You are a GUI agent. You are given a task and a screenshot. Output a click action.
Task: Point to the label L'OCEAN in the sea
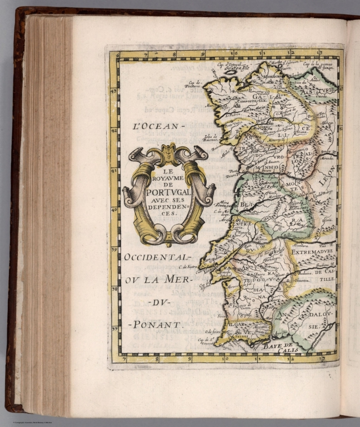pyautogui.click(x=158, y=126)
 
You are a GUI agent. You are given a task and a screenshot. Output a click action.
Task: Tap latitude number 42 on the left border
pyautogui.click(x=114, y=132)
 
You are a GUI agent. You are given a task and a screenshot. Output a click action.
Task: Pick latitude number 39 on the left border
pyautogui.click(x=114, y=250)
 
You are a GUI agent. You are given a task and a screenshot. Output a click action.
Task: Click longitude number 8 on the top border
pyautogui.click(x=174, y=54)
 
